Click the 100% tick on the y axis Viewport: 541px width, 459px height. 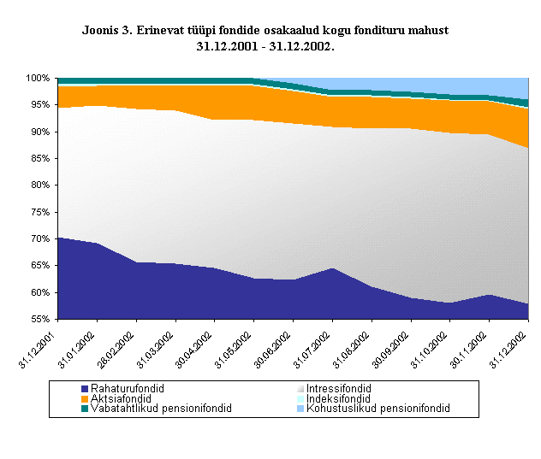[39, 79]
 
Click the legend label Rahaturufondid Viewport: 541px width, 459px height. [128, 388]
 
